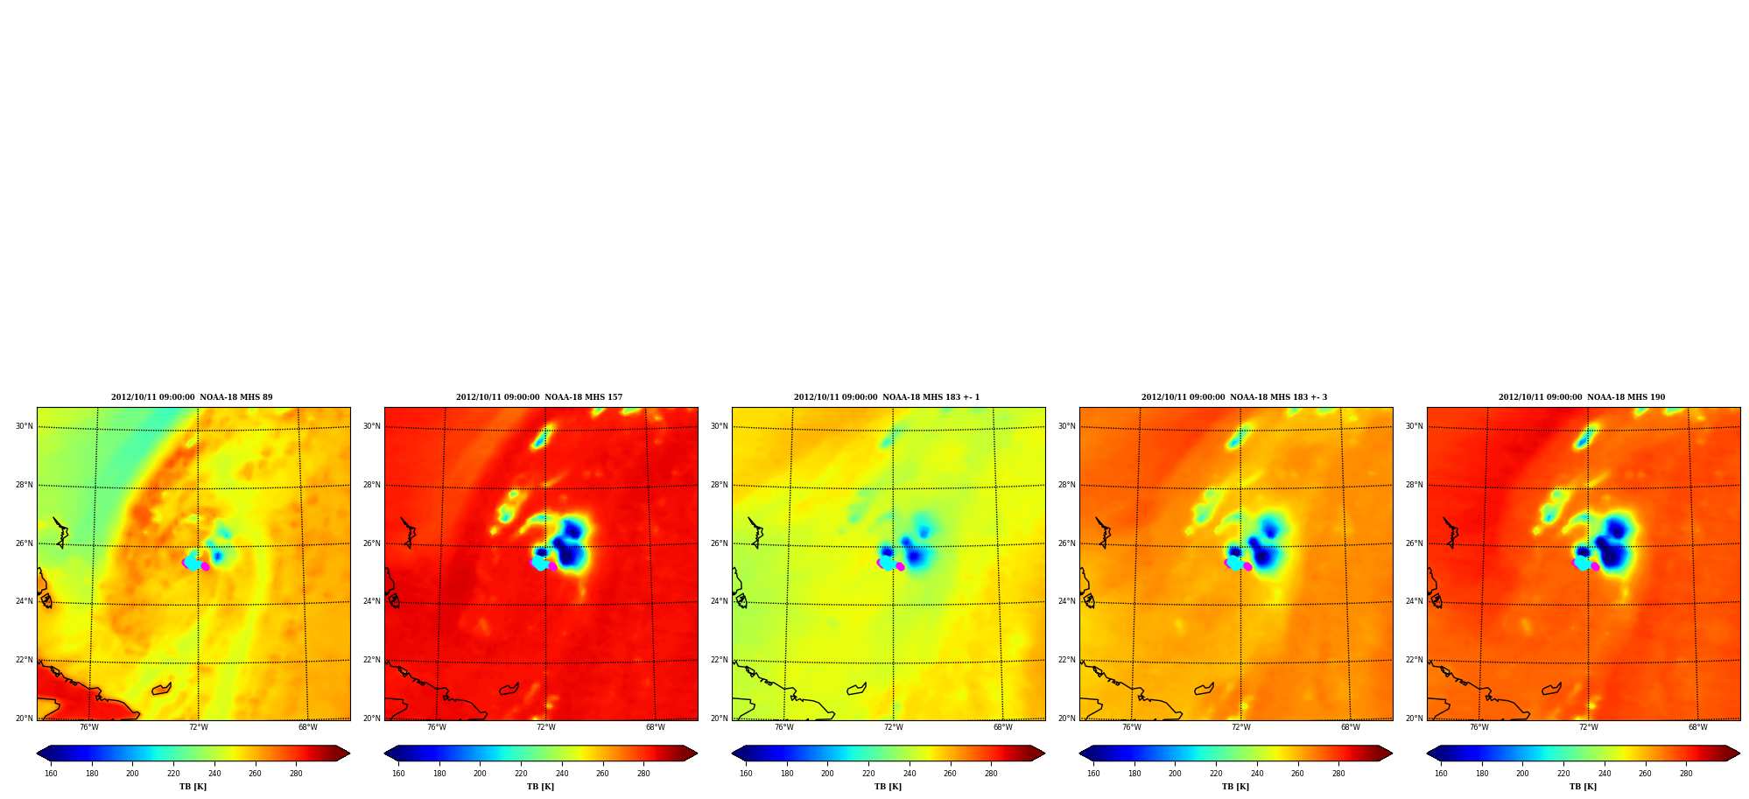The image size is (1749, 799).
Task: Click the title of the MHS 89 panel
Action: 192,397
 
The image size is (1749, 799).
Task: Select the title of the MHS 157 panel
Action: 539,397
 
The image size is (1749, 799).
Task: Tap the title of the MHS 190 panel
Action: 1582,397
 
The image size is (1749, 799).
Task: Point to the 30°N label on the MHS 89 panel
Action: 25,426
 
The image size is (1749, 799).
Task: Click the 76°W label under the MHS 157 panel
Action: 436,727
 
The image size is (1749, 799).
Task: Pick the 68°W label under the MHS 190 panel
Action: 1697,727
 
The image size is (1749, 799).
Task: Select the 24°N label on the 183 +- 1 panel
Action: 720,601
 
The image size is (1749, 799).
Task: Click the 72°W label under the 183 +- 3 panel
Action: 1240,727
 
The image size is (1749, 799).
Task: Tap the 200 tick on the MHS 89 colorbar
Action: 132,773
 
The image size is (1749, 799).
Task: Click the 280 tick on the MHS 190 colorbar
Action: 1686,773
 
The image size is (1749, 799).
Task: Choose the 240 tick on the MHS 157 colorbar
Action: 562,773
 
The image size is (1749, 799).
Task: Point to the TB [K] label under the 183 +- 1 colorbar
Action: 888,787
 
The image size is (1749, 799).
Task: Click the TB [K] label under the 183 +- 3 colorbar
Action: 1235,787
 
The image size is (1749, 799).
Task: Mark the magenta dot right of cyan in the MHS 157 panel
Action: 552,567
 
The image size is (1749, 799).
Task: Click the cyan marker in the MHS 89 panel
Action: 192,562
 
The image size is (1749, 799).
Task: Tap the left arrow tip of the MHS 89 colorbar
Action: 37,753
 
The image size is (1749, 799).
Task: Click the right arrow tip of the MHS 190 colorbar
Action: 1740,753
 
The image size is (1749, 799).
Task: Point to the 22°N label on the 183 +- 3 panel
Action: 1067,660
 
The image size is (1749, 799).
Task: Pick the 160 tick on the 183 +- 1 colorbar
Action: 746,773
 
